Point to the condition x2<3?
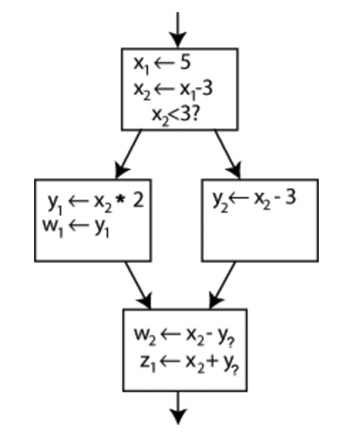175,115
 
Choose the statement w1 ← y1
76,228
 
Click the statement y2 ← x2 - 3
255,200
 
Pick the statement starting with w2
184,337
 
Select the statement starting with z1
189,363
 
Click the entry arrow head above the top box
178,39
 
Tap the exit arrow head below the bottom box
178,416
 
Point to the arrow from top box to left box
128,154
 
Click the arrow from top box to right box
228,154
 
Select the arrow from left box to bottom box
138,285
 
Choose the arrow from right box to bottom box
222,285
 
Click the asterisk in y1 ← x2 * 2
121,199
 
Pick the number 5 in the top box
186,63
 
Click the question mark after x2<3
194,114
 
